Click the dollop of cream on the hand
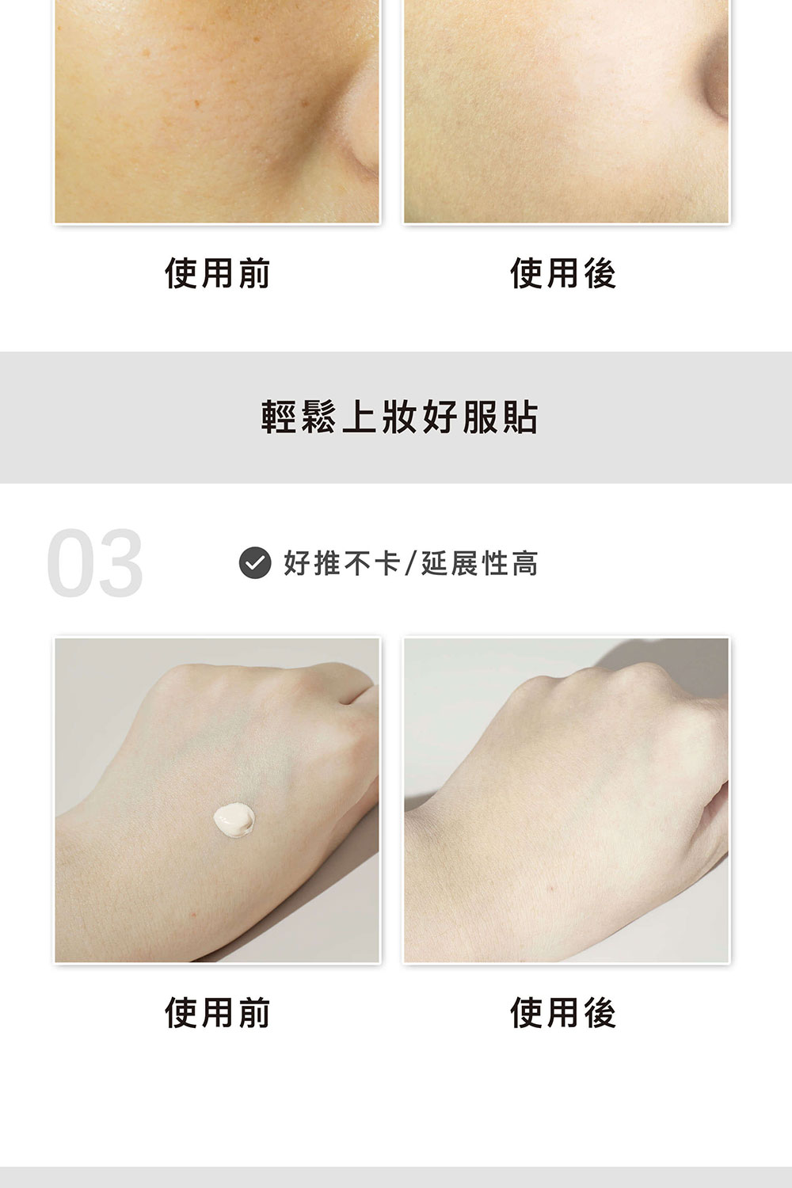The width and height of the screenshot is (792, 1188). pos(234,820)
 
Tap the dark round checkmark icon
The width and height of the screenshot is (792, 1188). pos(255,562)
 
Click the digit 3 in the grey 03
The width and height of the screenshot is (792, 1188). pos(120,562)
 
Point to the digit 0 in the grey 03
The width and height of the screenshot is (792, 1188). pos(70,562)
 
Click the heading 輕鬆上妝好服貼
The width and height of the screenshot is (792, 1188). pos(399,417)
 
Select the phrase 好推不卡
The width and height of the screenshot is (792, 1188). pos(341,562)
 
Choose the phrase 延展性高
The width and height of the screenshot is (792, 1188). pos(479,562)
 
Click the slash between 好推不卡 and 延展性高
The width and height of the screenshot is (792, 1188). pos(410,562)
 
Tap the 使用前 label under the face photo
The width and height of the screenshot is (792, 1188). pos(218,274)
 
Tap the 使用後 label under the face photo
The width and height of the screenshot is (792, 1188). pos(563,274)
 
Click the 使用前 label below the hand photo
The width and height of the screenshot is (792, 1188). pos(218,1012)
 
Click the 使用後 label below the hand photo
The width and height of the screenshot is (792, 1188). pos(563,1012)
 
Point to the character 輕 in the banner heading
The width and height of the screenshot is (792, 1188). pos(279,417)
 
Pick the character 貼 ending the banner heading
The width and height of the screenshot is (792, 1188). pos(521,417)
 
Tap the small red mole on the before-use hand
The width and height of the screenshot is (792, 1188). pos(193,914)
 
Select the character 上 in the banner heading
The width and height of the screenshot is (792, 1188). pos(359,417)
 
